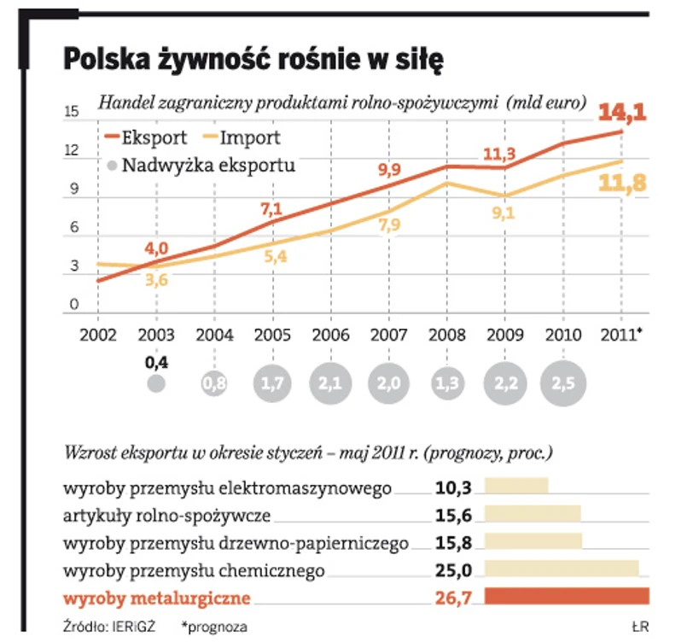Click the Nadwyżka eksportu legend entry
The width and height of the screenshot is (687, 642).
tap(200, 165)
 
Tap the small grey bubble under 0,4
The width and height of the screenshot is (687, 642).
tap(155, 383)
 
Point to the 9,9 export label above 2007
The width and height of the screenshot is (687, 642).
tap(389, 168)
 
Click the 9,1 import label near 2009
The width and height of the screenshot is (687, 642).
tap(503, 214)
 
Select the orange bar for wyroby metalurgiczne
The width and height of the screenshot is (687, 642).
tap(567, 596)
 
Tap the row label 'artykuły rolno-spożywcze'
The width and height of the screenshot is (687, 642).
tap(167, 516)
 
